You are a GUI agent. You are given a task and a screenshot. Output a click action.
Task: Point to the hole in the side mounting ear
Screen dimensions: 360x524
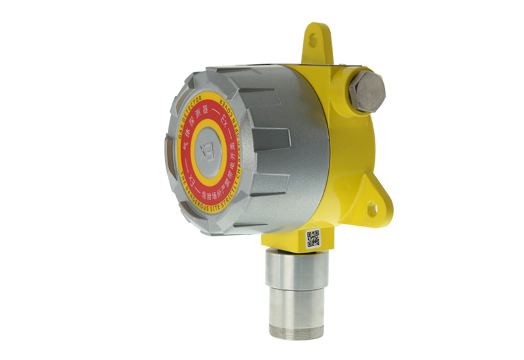tap(371, 209)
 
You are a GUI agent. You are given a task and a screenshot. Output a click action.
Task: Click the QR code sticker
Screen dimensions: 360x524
tap(314, 239)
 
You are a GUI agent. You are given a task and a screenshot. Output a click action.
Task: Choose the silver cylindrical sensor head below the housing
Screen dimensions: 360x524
tap(291, 288)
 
